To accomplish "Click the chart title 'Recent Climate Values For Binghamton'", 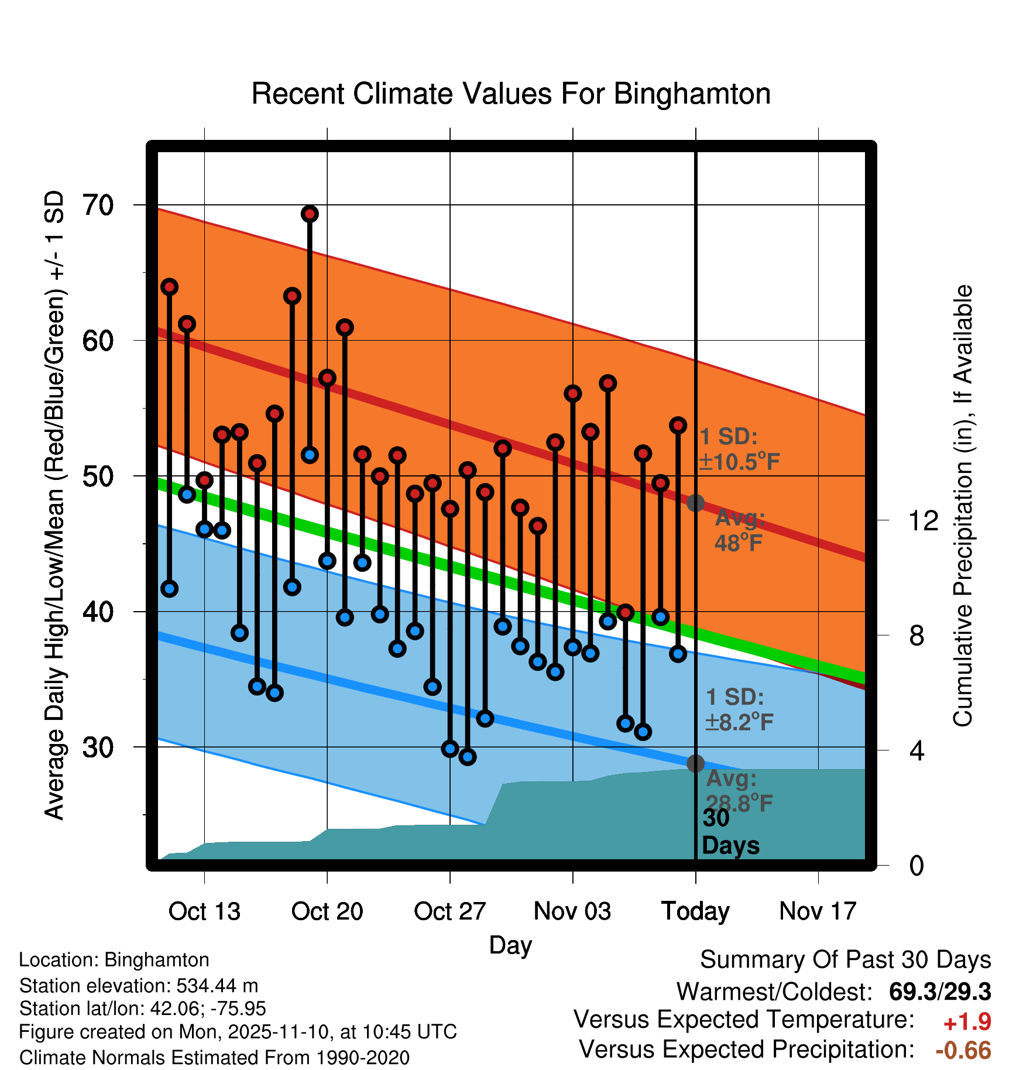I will click(x=511, y=94).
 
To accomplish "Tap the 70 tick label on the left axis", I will click(x=98, y=205).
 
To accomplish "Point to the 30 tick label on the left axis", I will click(x=98, y=747).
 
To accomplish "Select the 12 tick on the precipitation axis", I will click(x=923, y=520).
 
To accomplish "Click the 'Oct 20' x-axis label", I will click(x=327, y=911).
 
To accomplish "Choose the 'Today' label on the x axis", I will click(x=695, y=911).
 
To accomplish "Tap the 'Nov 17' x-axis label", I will click(x=818, y=911).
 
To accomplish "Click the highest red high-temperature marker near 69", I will click(x=310, y=214).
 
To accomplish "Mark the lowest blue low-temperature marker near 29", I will click(x=468, y=757).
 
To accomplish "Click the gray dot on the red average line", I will click(x=695, y=503).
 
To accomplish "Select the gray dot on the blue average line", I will click(x=695, y=763).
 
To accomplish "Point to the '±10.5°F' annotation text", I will click(x=739, y=462).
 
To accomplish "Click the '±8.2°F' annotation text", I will click(x=739, y=722).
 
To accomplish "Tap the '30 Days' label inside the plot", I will click(x=730, y=832).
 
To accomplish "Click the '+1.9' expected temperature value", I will click(x=967, y=1022).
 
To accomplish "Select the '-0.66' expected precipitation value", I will click(x=963, y=1050).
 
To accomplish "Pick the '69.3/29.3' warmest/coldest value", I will click(x=939, y=992).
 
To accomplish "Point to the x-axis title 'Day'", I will click(x=510, y=945).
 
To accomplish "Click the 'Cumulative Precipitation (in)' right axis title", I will click(x=963, y=506).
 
